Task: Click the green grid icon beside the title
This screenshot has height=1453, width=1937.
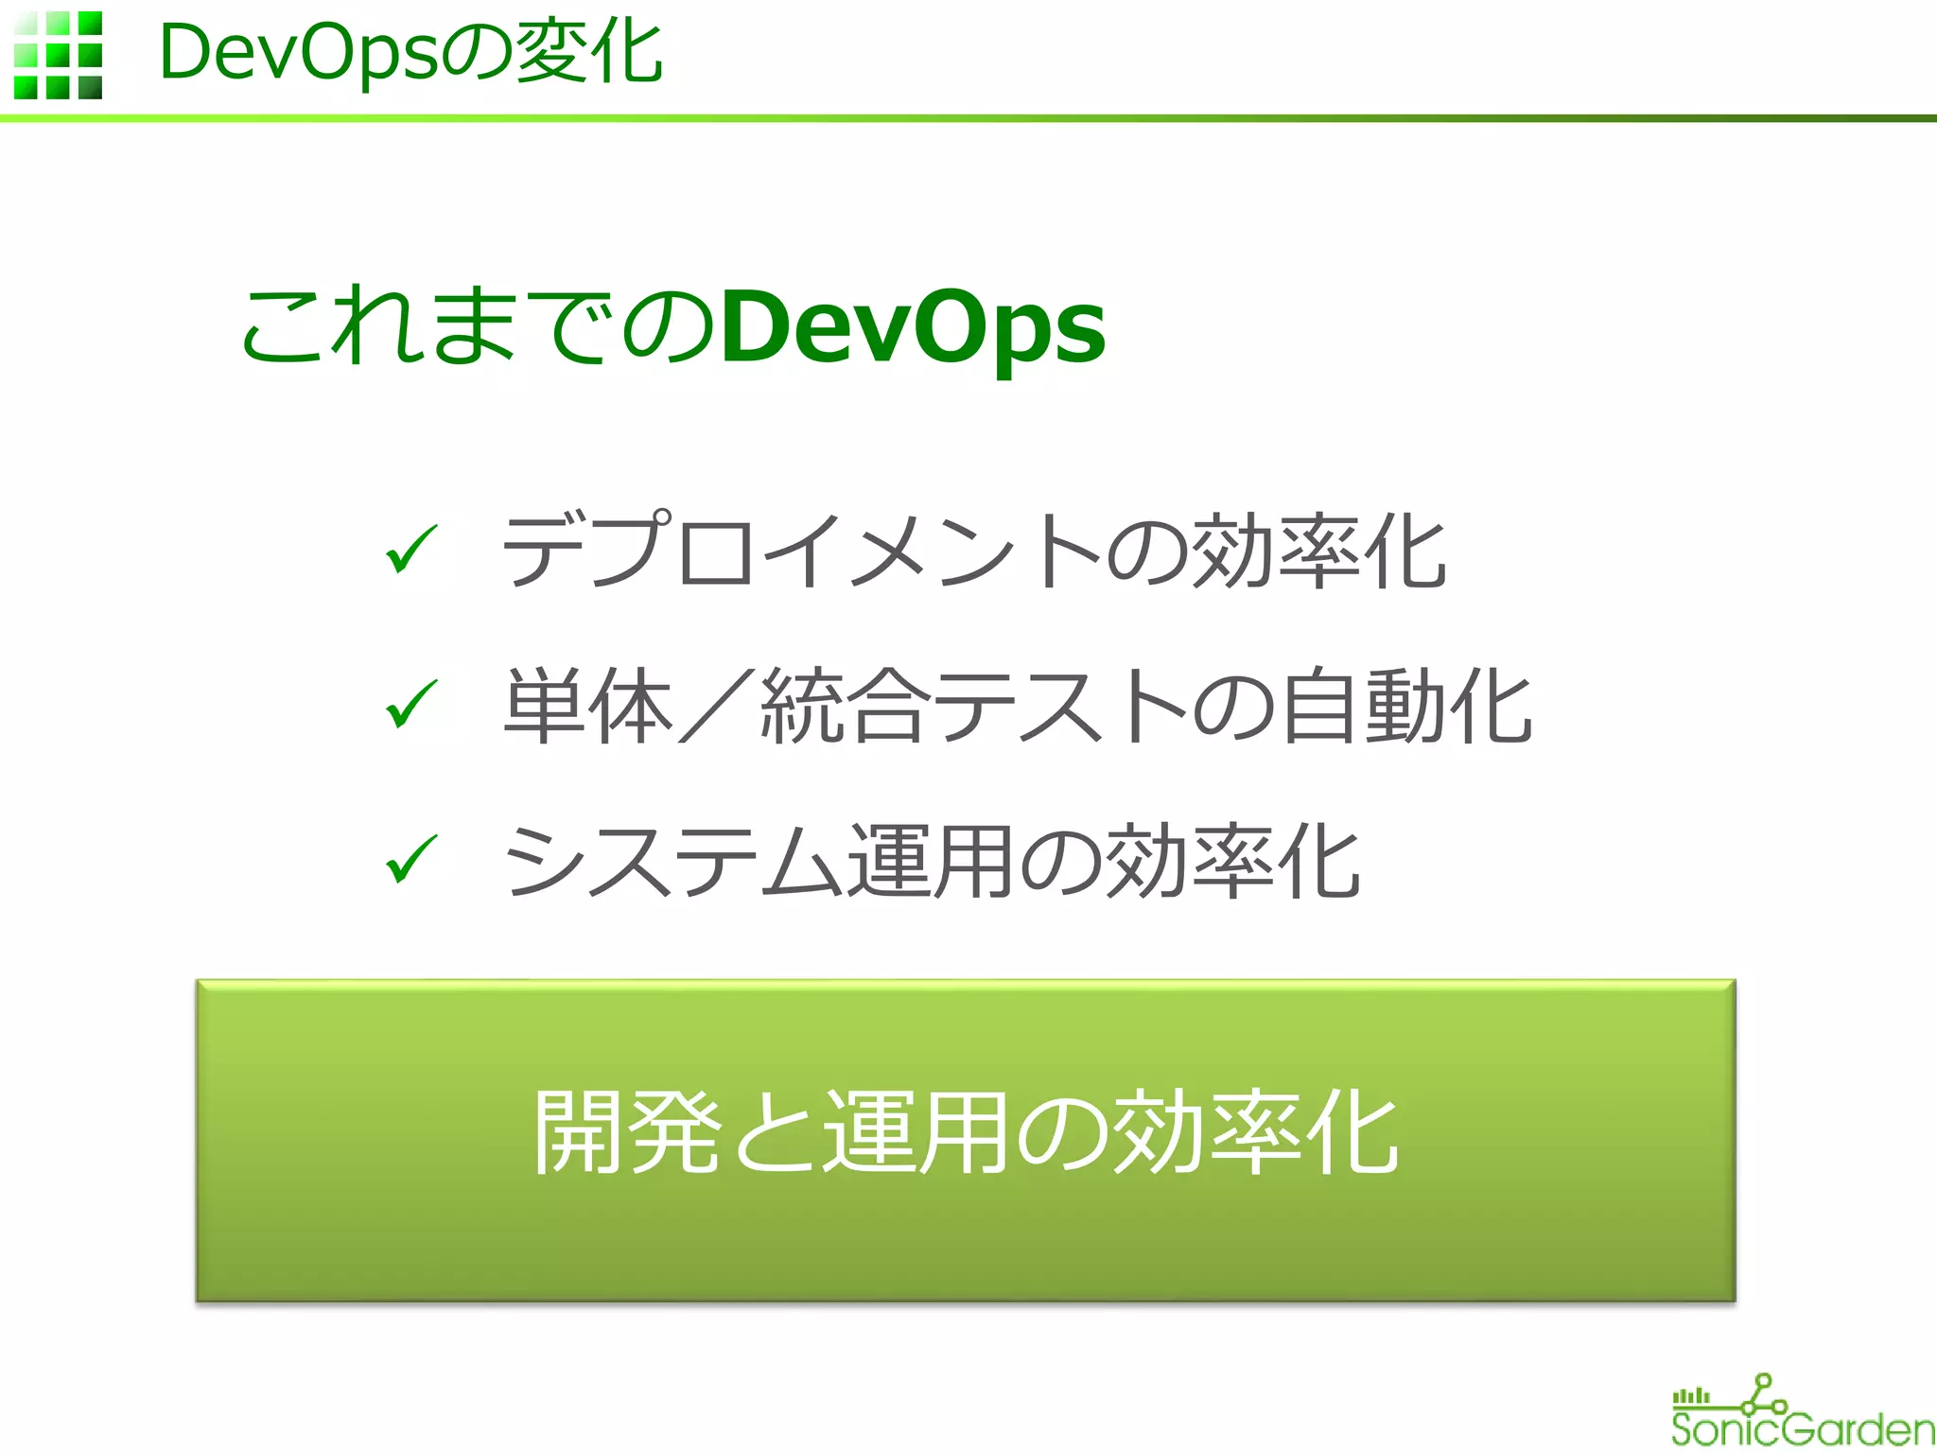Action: click(58, 55)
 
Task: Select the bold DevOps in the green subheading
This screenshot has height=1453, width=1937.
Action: click(912, 327)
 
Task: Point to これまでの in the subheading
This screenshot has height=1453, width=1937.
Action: click(478, 327)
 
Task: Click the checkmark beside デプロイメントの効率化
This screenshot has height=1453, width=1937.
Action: click(411, 549)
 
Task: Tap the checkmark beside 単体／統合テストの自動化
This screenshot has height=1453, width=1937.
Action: click(411, 704)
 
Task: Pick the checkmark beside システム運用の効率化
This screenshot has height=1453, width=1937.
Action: click(411, 858)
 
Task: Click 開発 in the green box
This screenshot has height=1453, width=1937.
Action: click(627, 1132)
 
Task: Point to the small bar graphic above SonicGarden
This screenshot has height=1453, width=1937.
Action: click(1691, 1396)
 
